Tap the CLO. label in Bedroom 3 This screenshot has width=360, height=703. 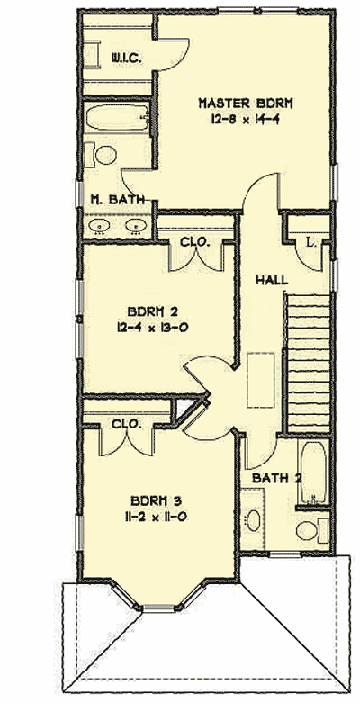pyautogui.click(x=124, y=424)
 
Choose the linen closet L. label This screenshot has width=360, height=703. pyautogui.click(x=310, y=242)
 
